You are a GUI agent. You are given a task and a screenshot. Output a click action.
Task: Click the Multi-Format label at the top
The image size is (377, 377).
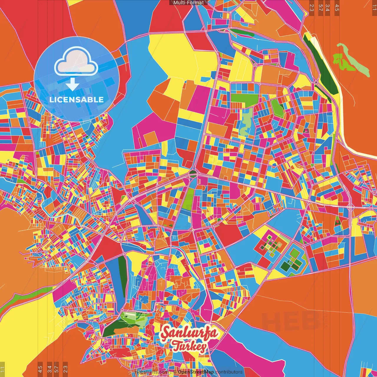[x=188, y=3]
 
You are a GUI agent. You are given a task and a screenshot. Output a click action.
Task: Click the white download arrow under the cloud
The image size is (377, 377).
[x=72, y=85]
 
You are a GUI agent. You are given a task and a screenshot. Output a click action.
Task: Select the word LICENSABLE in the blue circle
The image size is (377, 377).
[x=77, y=100]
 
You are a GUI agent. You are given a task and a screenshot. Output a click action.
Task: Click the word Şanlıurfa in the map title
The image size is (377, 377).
[x=189, y=333]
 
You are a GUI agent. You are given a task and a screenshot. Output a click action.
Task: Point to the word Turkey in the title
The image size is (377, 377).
[x=188, y=346]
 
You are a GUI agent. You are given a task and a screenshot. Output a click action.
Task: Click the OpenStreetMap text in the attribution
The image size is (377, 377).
[x=196, y=372]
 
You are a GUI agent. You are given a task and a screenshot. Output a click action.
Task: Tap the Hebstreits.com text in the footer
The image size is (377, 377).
[x=151, y=372]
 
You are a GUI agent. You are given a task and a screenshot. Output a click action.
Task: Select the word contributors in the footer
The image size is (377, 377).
[x=229, y=372]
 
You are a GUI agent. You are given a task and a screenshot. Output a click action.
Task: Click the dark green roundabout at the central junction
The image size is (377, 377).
[x=193, y=173]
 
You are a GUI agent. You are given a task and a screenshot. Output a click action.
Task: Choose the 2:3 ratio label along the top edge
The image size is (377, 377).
[x=312, y=7]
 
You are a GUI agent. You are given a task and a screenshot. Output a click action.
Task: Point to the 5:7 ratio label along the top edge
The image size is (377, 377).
[x=320, y=7]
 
